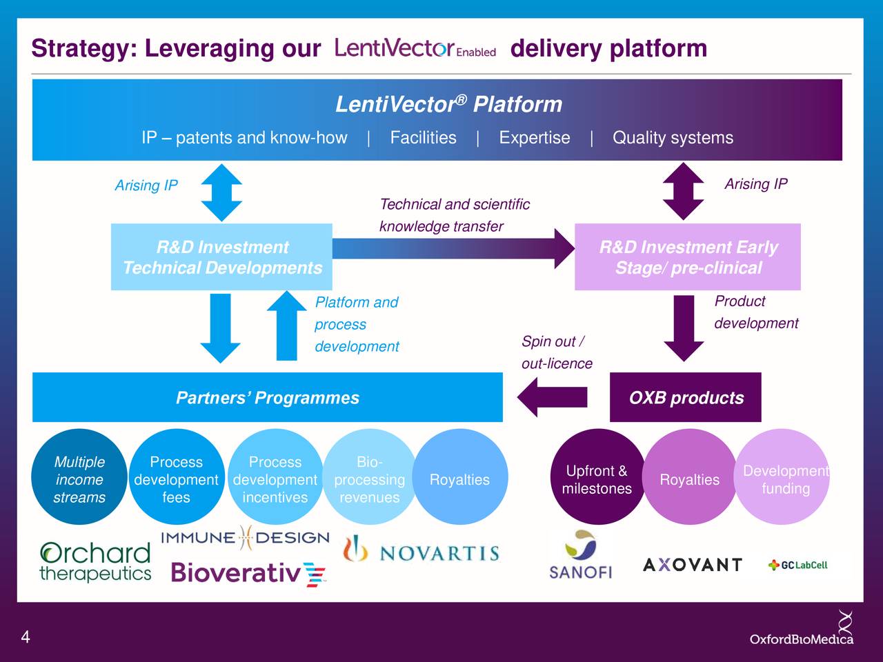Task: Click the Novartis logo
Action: point(421,552)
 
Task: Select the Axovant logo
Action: point(692,565)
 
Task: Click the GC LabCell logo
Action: point(797,565)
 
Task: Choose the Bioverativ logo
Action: point(248,573)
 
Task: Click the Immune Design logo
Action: point(245,538)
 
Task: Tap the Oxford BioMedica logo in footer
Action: point(802,631)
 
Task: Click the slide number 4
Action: point(26,636)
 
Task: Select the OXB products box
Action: point(685,398)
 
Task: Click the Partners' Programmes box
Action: point(267,398)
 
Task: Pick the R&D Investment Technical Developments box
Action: point(221,257)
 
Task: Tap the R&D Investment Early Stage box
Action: point(687,257)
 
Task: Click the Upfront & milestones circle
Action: point(596,479)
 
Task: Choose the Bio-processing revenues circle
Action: point(369,479)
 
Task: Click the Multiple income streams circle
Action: point(79,479)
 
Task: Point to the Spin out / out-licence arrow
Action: point(552,397)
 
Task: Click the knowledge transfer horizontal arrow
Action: point(453,249)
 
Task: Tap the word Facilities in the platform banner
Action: point(423,138)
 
